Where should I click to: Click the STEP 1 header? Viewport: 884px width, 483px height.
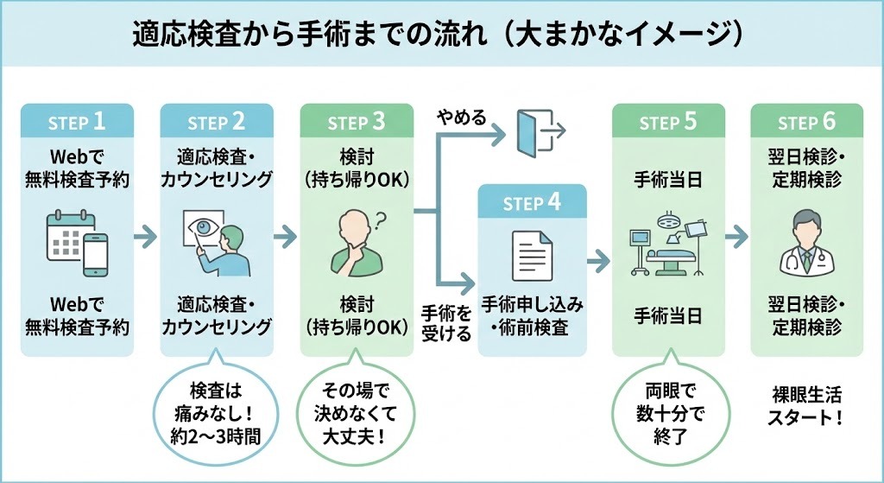click(78, 122)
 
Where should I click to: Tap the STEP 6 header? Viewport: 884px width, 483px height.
click(806, 122)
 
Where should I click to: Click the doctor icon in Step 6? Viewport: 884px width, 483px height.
click(806, 241)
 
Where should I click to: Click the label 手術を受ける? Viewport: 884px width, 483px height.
click(445, 320)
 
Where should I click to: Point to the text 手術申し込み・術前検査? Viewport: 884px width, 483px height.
click(532, 316)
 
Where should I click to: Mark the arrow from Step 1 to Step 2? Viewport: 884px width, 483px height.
click(147, 234)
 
